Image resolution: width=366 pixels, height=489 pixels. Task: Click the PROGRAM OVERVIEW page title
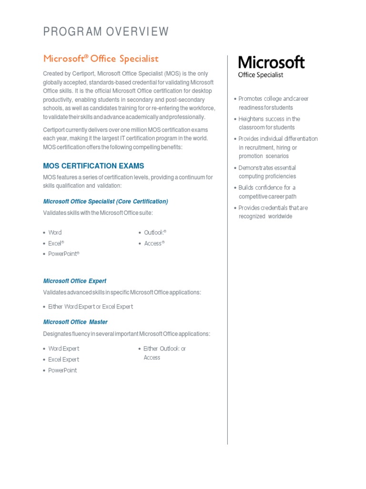coord(106,32)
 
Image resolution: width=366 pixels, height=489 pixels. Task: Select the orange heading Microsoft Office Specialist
coord(101,59)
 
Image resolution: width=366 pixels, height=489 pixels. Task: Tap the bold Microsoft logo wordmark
coord(271,63)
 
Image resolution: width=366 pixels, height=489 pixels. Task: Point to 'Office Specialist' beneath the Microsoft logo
coord(261,75)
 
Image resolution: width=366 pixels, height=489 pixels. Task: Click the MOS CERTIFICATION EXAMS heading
coord(93,166)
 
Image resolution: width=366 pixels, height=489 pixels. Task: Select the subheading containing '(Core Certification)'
coord(105,202)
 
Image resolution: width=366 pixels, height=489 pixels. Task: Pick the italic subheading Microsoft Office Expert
coord(75,281)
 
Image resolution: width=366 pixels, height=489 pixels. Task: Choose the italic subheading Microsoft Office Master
coord(75,322)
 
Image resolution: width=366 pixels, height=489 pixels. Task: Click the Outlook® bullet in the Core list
coord(155,233)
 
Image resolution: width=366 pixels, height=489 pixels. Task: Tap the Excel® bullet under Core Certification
coord(56,243)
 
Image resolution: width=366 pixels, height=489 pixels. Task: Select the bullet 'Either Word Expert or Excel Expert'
coord(91,307)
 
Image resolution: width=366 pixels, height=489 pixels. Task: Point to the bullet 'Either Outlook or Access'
coord(164,353)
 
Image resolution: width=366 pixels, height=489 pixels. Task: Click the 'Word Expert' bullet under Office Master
coord(64,349)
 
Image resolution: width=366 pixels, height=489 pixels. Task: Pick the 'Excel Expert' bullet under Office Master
coord(63,360)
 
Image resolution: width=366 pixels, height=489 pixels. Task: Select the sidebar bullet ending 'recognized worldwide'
coord(273,212)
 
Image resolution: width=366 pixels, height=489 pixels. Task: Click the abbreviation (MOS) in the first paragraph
coord(173,74)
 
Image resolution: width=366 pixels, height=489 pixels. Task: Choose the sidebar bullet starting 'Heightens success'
coord(269,123)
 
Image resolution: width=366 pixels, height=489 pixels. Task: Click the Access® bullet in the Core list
coord(154,244)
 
